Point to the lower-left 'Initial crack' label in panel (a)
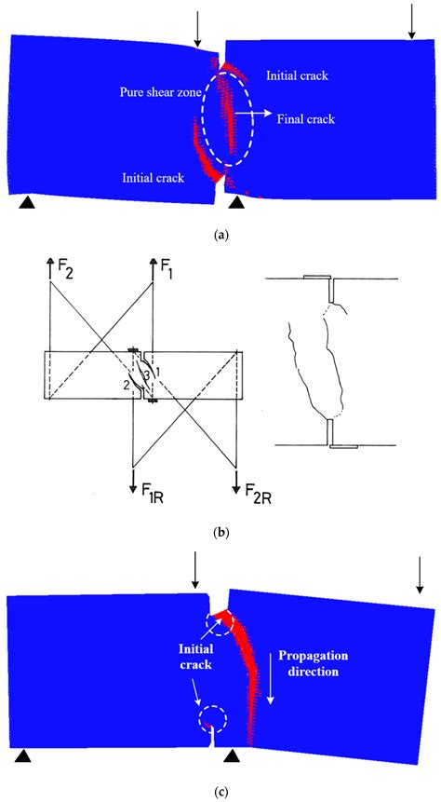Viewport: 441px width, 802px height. (x=154, y=177)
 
